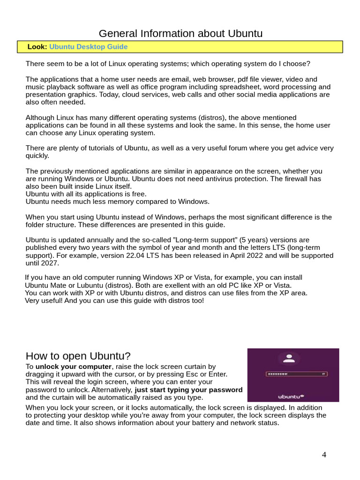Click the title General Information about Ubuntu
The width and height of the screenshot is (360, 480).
click(180, 34)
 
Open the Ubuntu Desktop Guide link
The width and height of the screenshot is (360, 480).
click(88, 47)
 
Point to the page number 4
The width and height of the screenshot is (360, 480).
click(324, 455)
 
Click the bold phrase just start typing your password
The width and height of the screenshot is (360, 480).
click(188, 390)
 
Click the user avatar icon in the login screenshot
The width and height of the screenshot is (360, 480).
click(289, 359)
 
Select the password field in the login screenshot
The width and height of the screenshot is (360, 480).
click(296, 374)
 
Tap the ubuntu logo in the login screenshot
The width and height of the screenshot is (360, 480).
click(291, 396)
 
